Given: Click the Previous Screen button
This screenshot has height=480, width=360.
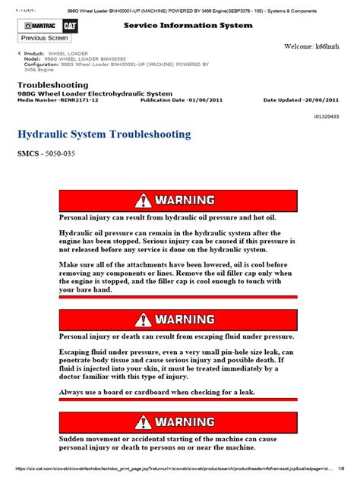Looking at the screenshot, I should click(45, 37).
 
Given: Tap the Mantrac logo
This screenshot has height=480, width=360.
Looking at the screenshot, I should click(35, 27).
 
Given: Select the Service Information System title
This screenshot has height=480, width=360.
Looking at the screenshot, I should click(188, 26).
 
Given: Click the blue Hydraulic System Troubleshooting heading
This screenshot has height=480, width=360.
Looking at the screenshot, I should click(103, 134).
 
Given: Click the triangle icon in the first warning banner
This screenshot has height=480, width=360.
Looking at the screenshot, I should click(144, 201).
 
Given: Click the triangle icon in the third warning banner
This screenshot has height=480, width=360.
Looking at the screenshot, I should click(144, 422).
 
